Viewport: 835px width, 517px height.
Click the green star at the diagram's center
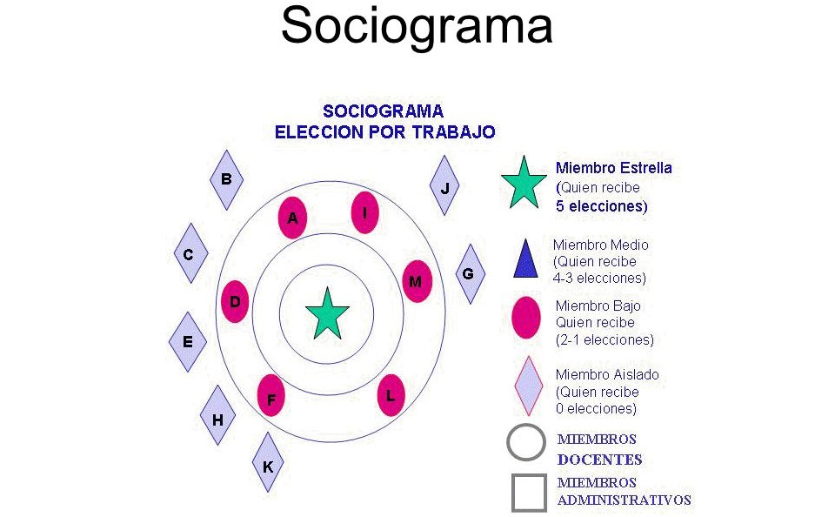pos(327,314)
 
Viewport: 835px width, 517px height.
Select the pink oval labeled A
pos(292,218)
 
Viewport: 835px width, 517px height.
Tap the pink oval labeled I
pos(364,212)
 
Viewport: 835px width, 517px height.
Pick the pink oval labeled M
pos(417,281)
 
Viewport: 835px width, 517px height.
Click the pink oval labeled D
pos(235,302)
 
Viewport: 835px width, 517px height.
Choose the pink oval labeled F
pos(271,395)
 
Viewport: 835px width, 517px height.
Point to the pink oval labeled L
pos(391,395)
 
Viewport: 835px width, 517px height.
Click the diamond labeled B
pos(227,180)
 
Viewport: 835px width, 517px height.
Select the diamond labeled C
pos(190,253)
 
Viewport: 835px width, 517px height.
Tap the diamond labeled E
pos(188,342)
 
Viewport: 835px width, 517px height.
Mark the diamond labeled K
pos(268,462)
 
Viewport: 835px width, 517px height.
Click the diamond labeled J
pos(444,185)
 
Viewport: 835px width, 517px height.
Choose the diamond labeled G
pos(471,274)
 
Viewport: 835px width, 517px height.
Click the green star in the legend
pos(524,182)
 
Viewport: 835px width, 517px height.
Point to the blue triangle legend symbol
pos(525,258)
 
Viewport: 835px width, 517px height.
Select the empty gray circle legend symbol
pos(526,442)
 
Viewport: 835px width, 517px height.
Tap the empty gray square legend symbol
pos(529,493)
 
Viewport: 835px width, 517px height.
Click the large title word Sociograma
pos(417,26)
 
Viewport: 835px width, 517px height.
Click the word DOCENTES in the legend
pos(599,460)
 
